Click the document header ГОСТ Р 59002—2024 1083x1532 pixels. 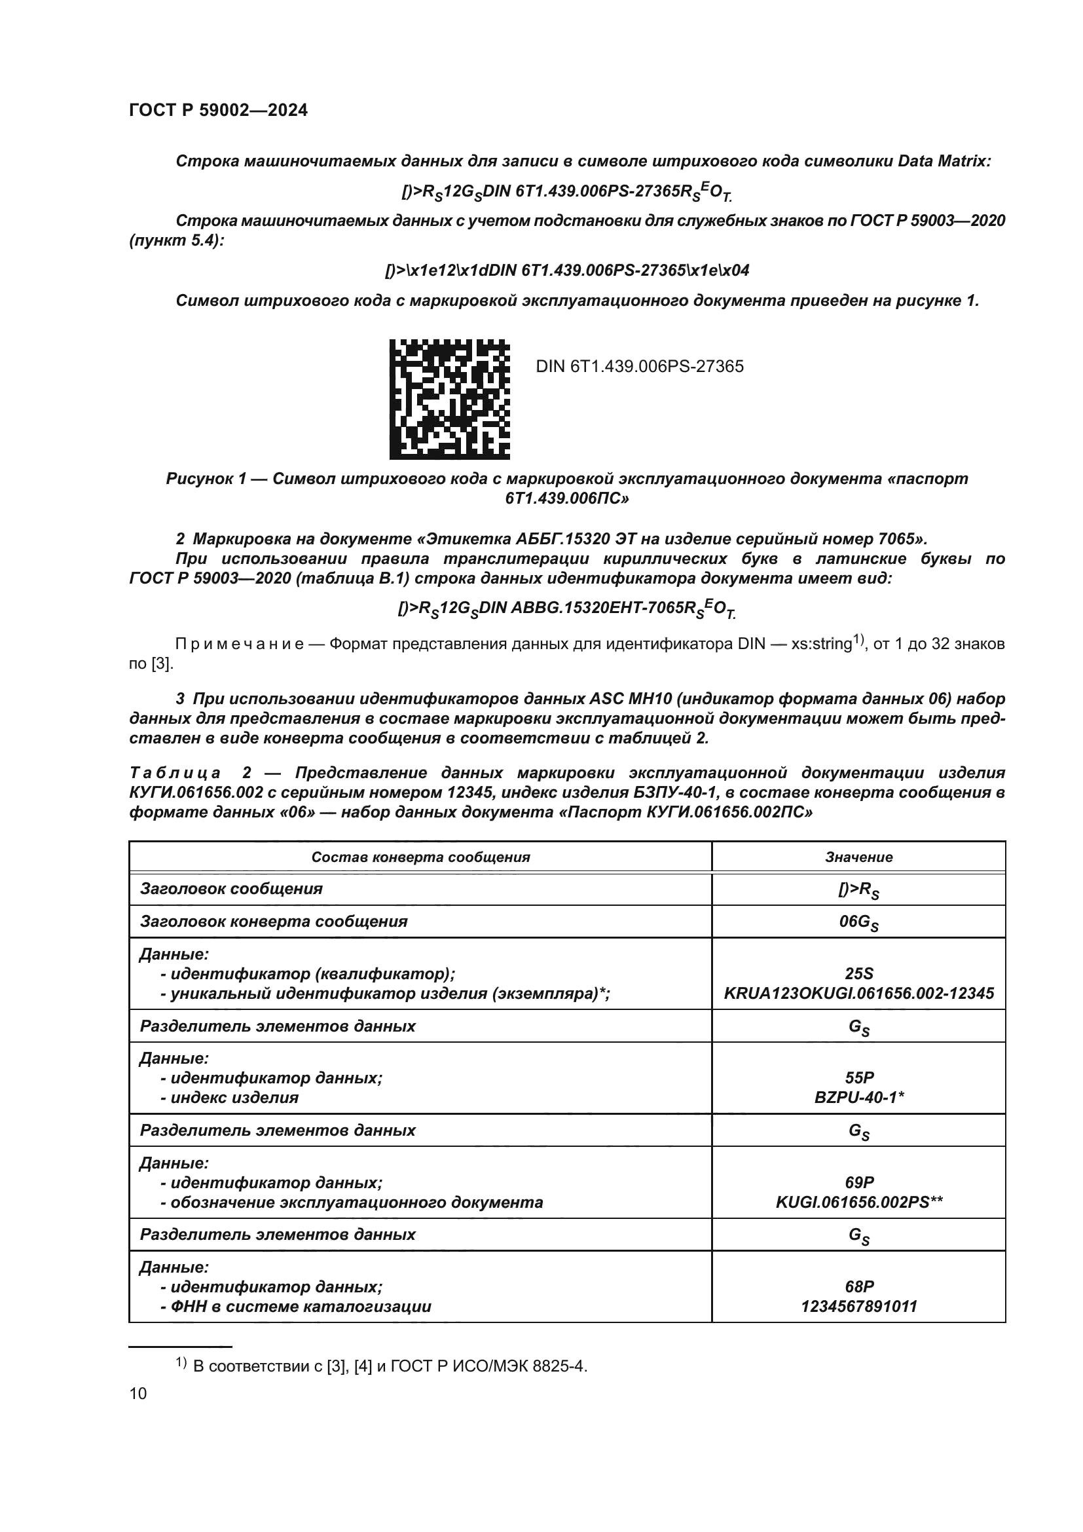[x=218, y=111]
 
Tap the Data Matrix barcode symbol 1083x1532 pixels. [x=449, y=399]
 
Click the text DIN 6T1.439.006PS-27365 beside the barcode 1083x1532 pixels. [x=640, y=366]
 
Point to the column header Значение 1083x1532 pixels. [x=858, y=857]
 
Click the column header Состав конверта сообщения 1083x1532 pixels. [x=420, y=857]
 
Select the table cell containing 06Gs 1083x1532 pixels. [x=858, y=923]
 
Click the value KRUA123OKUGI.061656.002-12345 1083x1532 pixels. [x=858, y=994]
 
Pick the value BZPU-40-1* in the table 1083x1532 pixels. [x=858, y=1098]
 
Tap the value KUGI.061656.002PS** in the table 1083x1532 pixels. [x=858, y=1203]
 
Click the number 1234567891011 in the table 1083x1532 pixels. [x=858, y=1307]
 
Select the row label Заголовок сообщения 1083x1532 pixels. [x=230, y=889]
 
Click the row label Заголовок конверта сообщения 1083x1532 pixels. [x=274, y=922]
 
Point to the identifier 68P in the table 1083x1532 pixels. [x=858, y=1286]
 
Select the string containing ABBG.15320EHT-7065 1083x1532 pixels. [x=567, y=608]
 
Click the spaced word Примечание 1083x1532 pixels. [x=240, y=644]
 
